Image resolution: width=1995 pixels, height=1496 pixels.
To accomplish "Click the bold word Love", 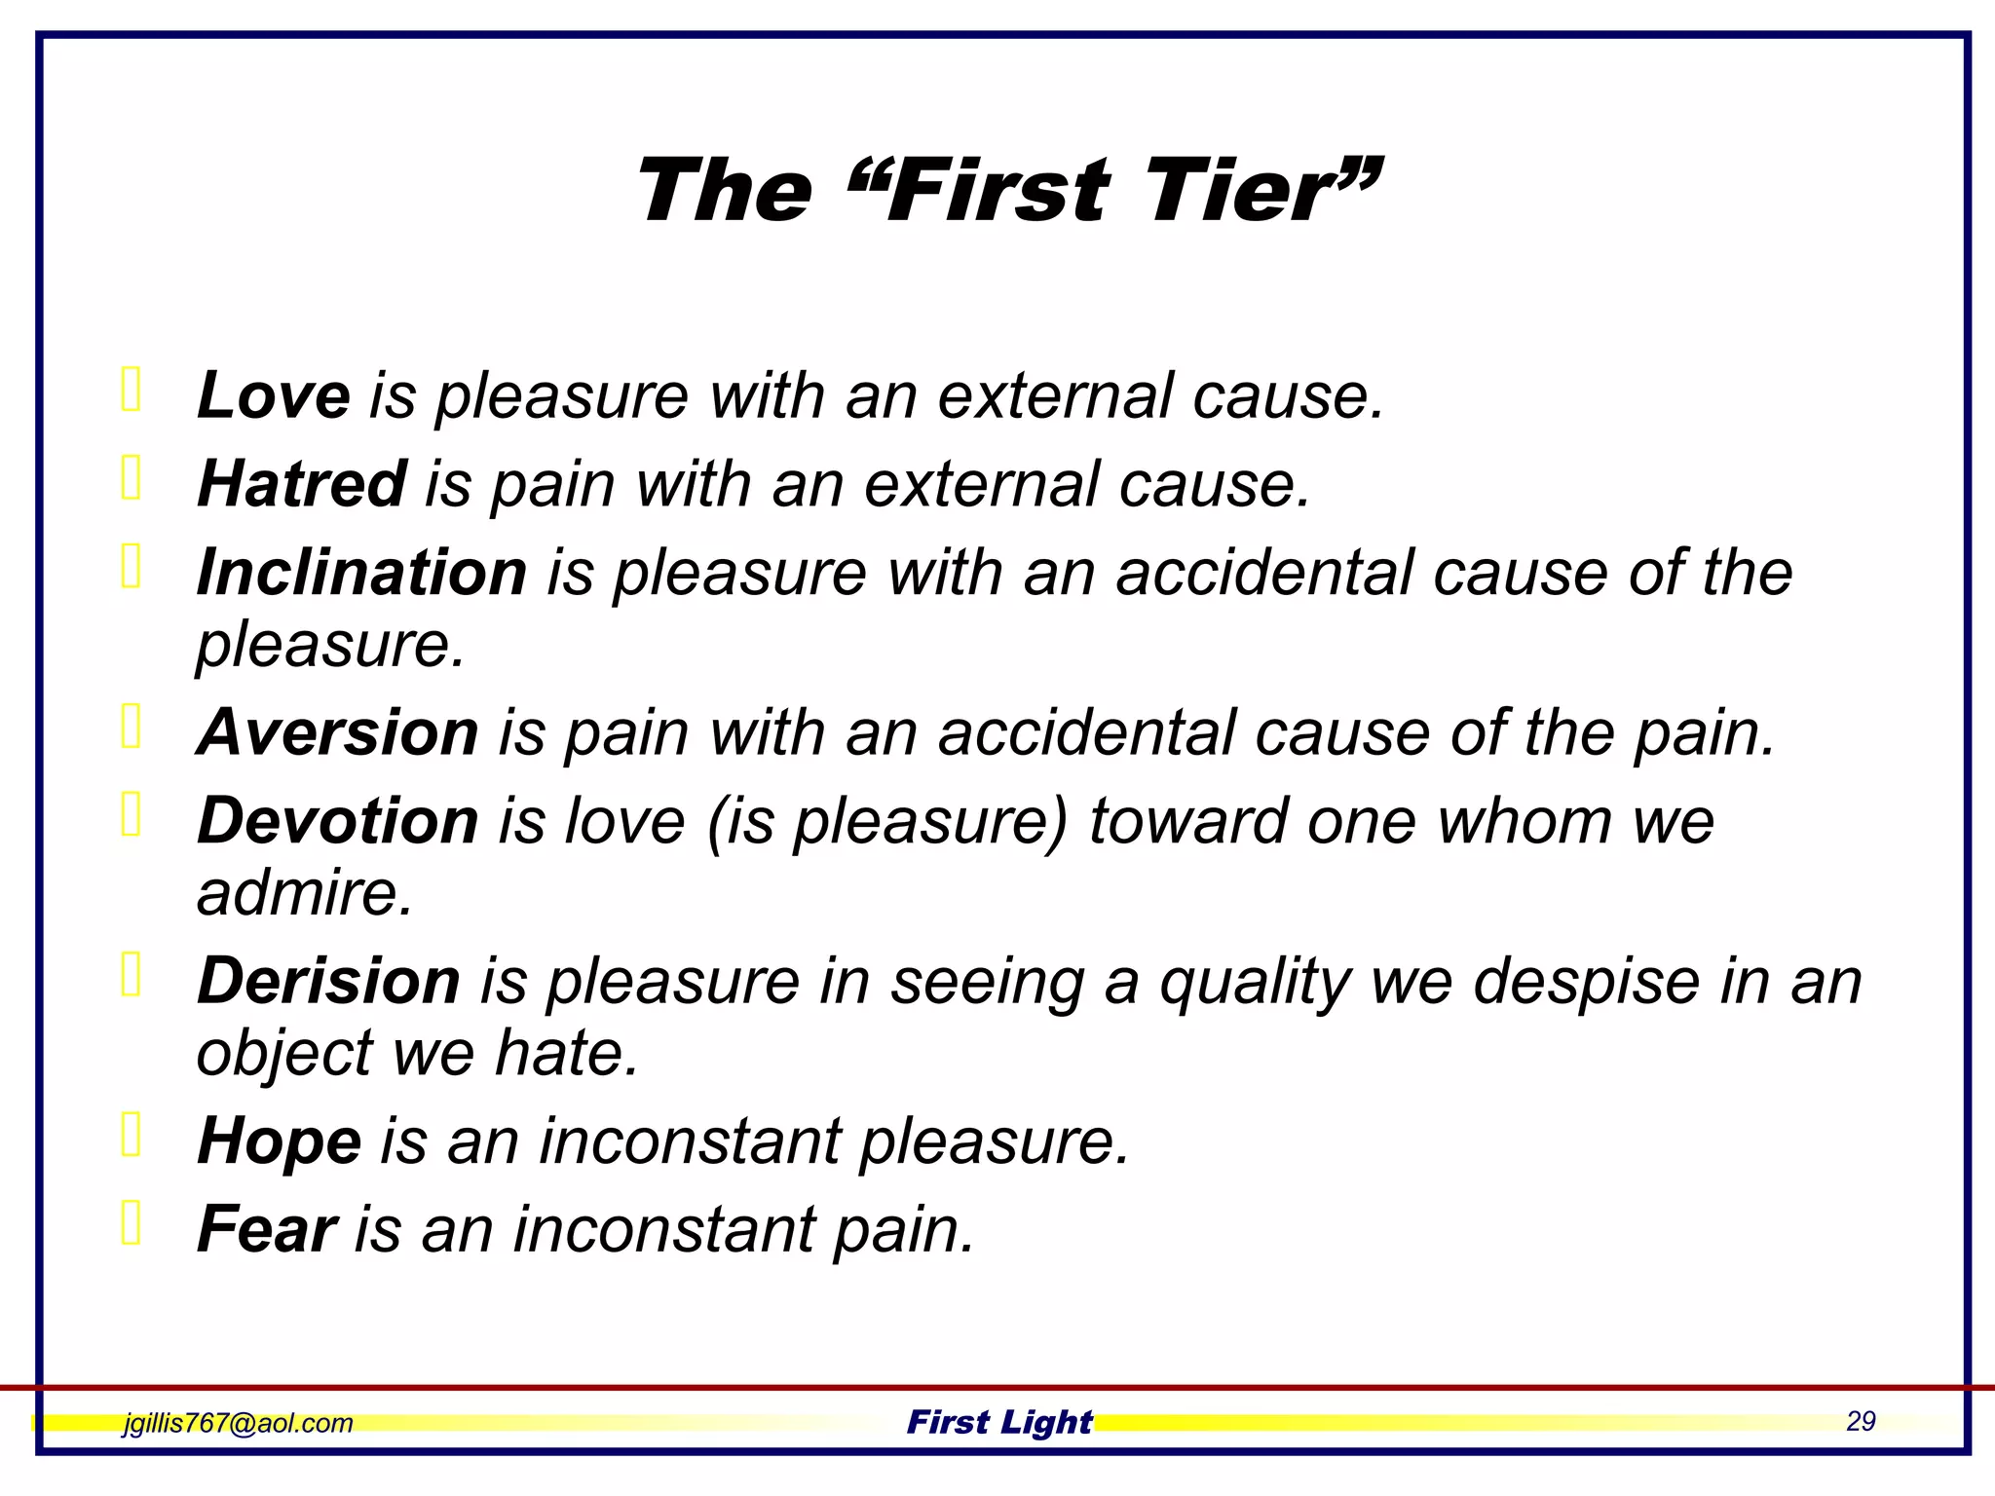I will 273,396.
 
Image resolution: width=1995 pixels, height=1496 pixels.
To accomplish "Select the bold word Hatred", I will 301,484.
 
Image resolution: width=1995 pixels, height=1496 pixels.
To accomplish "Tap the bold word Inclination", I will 361,573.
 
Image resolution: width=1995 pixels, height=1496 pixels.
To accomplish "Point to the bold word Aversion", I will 337,732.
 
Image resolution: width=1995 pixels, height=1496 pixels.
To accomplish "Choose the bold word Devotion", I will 337,821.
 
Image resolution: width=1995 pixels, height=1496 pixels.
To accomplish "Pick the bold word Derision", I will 328,981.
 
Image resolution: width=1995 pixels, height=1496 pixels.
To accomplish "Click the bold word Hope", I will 279,1141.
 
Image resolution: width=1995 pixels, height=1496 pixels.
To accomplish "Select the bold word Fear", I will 266,1229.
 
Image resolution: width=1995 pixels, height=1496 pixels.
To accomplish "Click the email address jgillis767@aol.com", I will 238,1423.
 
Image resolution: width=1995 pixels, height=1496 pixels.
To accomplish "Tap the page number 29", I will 1861,1422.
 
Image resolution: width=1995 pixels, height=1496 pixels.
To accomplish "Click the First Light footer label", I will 999,1423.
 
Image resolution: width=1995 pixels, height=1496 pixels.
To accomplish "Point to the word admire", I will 304,893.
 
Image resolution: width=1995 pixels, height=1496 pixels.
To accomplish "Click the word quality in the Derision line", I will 1256,983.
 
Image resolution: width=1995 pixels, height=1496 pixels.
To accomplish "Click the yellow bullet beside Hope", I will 132,1134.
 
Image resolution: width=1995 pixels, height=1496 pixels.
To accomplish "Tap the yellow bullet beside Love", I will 132,390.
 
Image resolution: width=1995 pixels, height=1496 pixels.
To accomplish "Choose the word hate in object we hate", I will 565,1054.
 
